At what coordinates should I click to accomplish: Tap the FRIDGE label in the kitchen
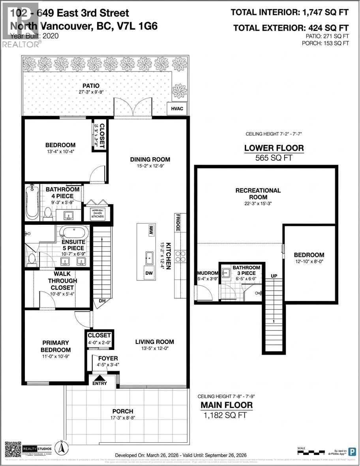point(178,223)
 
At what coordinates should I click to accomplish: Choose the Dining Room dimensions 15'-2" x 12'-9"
point(150,166)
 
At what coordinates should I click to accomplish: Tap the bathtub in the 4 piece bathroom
point(32,202)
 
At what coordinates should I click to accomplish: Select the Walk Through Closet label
point(66,280)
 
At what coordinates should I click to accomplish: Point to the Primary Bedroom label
point(56,346)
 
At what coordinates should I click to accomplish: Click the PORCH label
point(122,411)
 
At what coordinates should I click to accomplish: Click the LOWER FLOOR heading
point(274,148)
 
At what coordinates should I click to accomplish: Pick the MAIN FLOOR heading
point(226,405)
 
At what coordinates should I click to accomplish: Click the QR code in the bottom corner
point(13,449)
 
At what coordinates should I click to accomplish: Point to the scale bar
point(313,450)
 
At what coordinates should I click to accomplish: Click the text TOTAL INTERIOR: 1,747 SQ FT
point(290,12)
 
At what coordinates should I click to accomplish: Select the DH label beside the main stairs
point(102,301)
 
